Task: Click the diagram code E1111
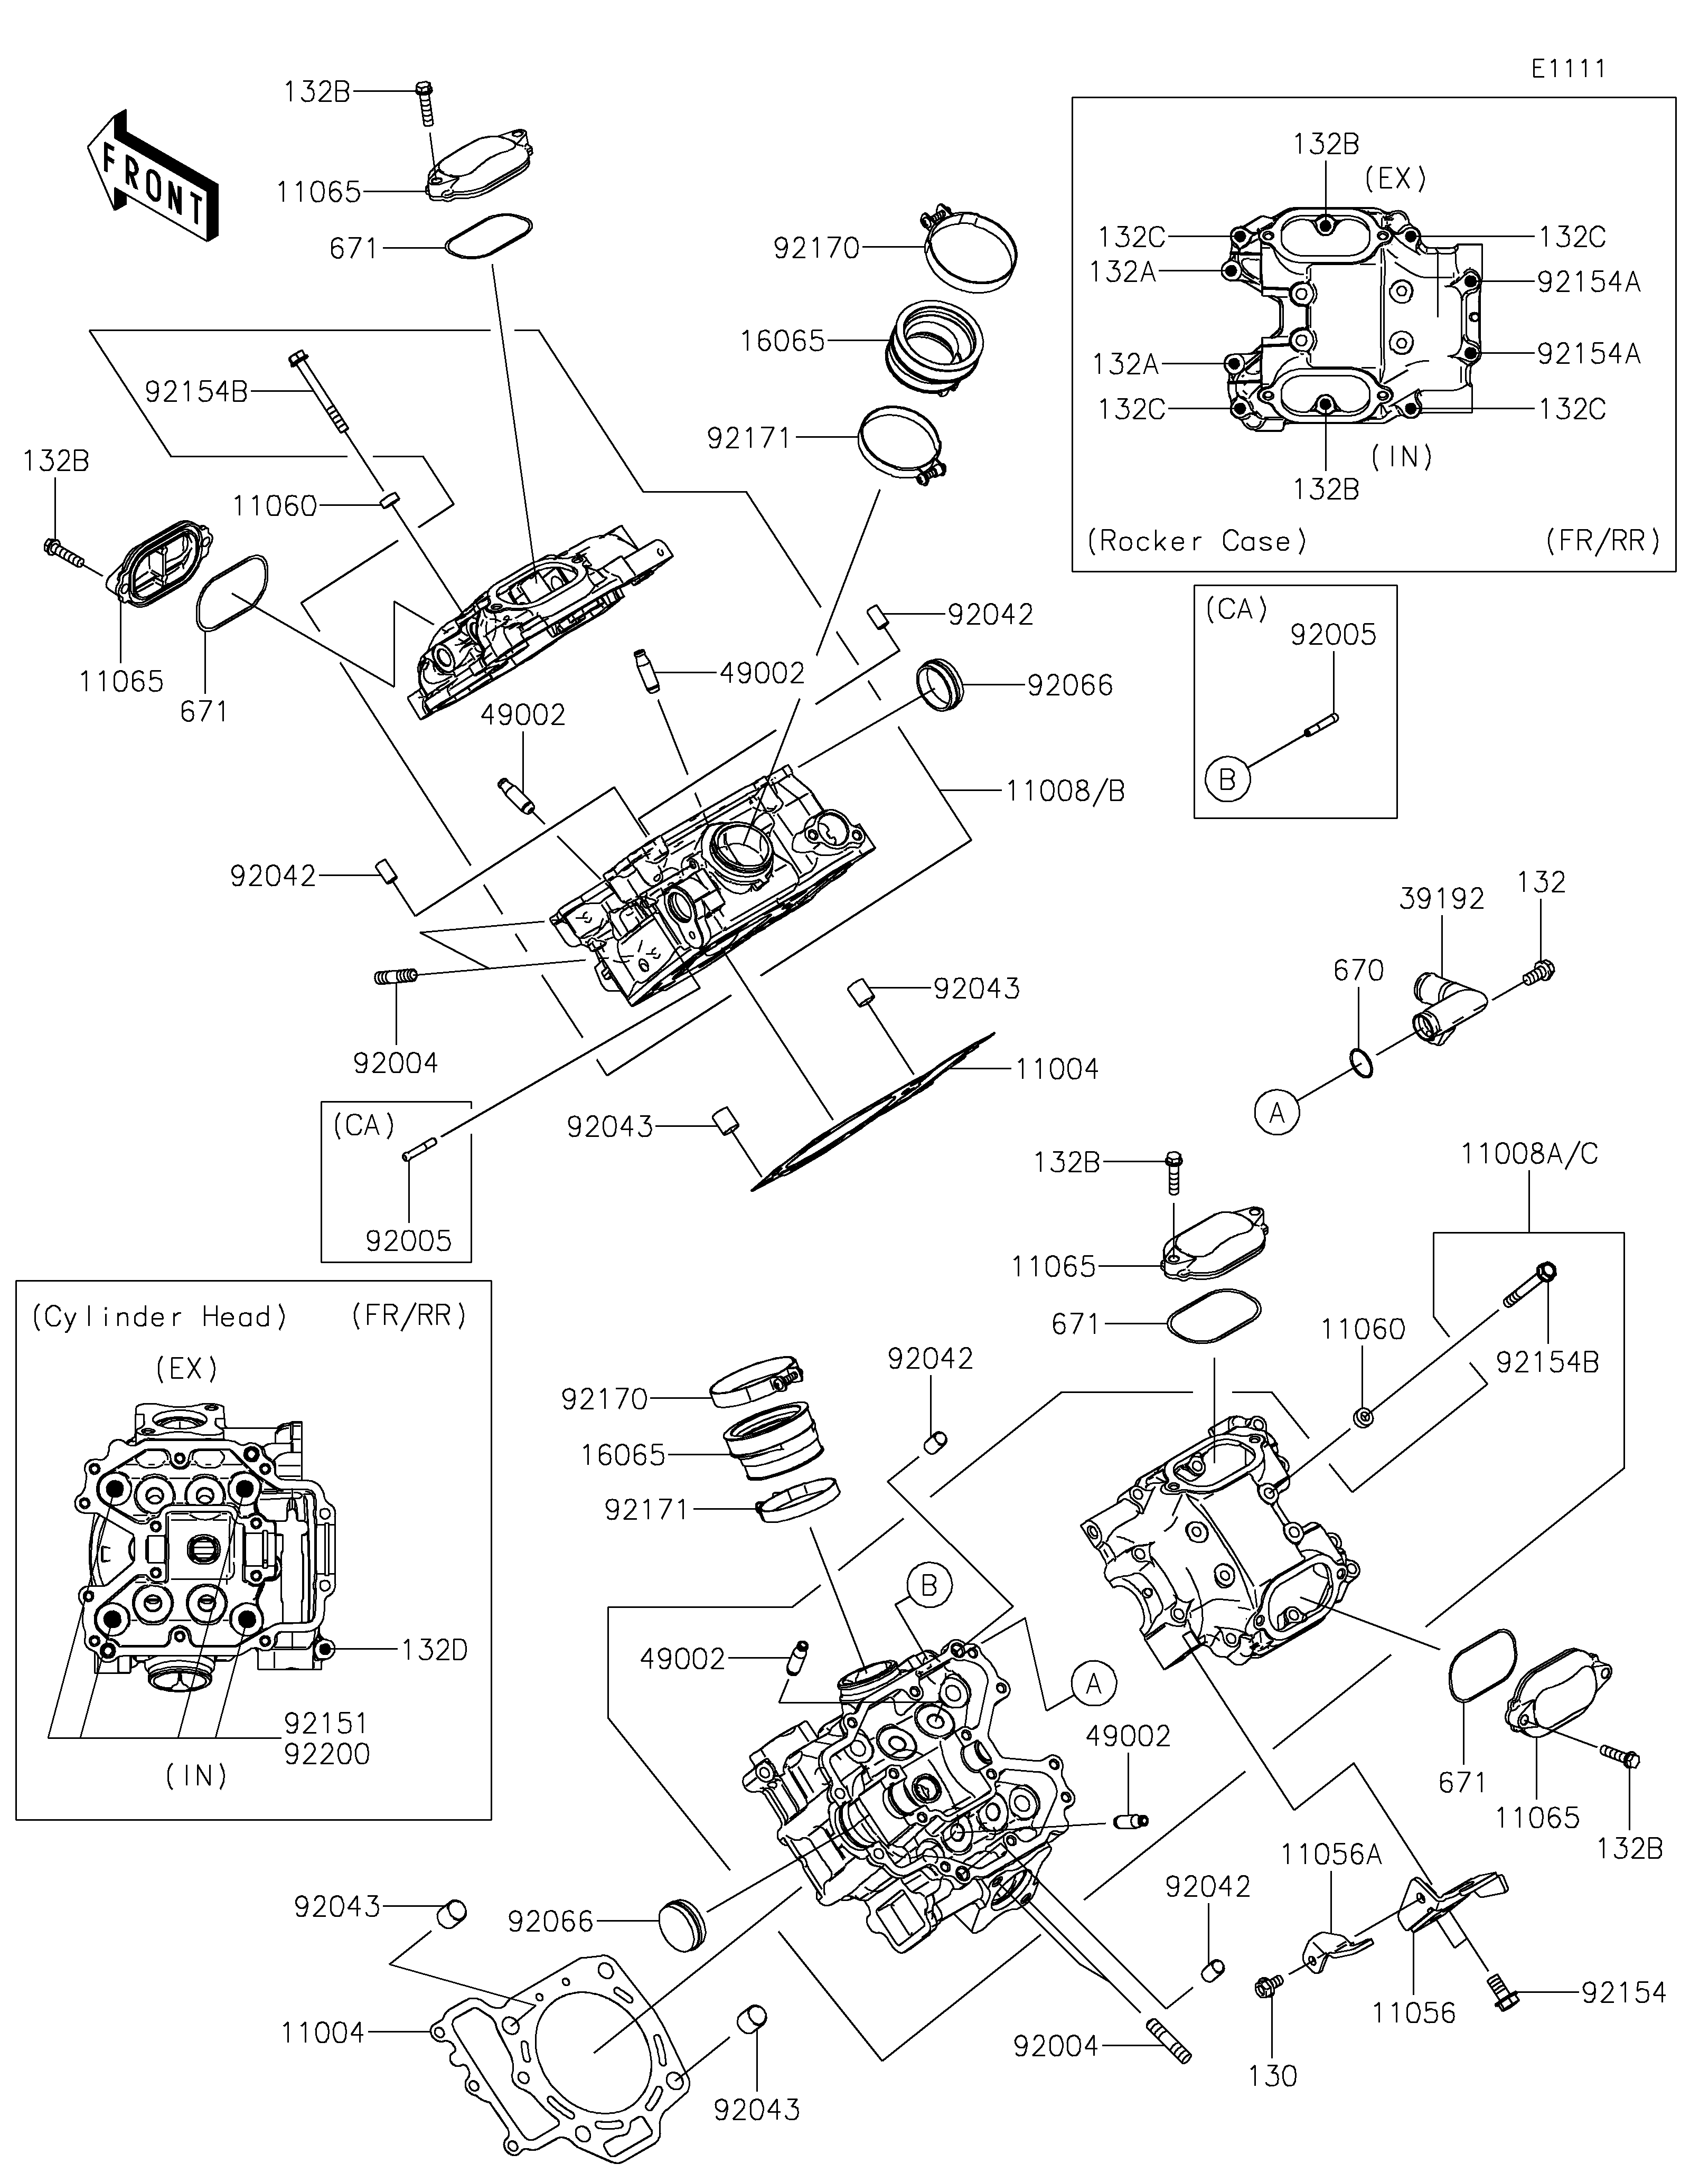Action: coord(1568,69)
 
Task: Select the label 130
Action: coord(1272,2076)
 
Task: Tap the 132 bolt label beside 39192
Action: coord(1540,882)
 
